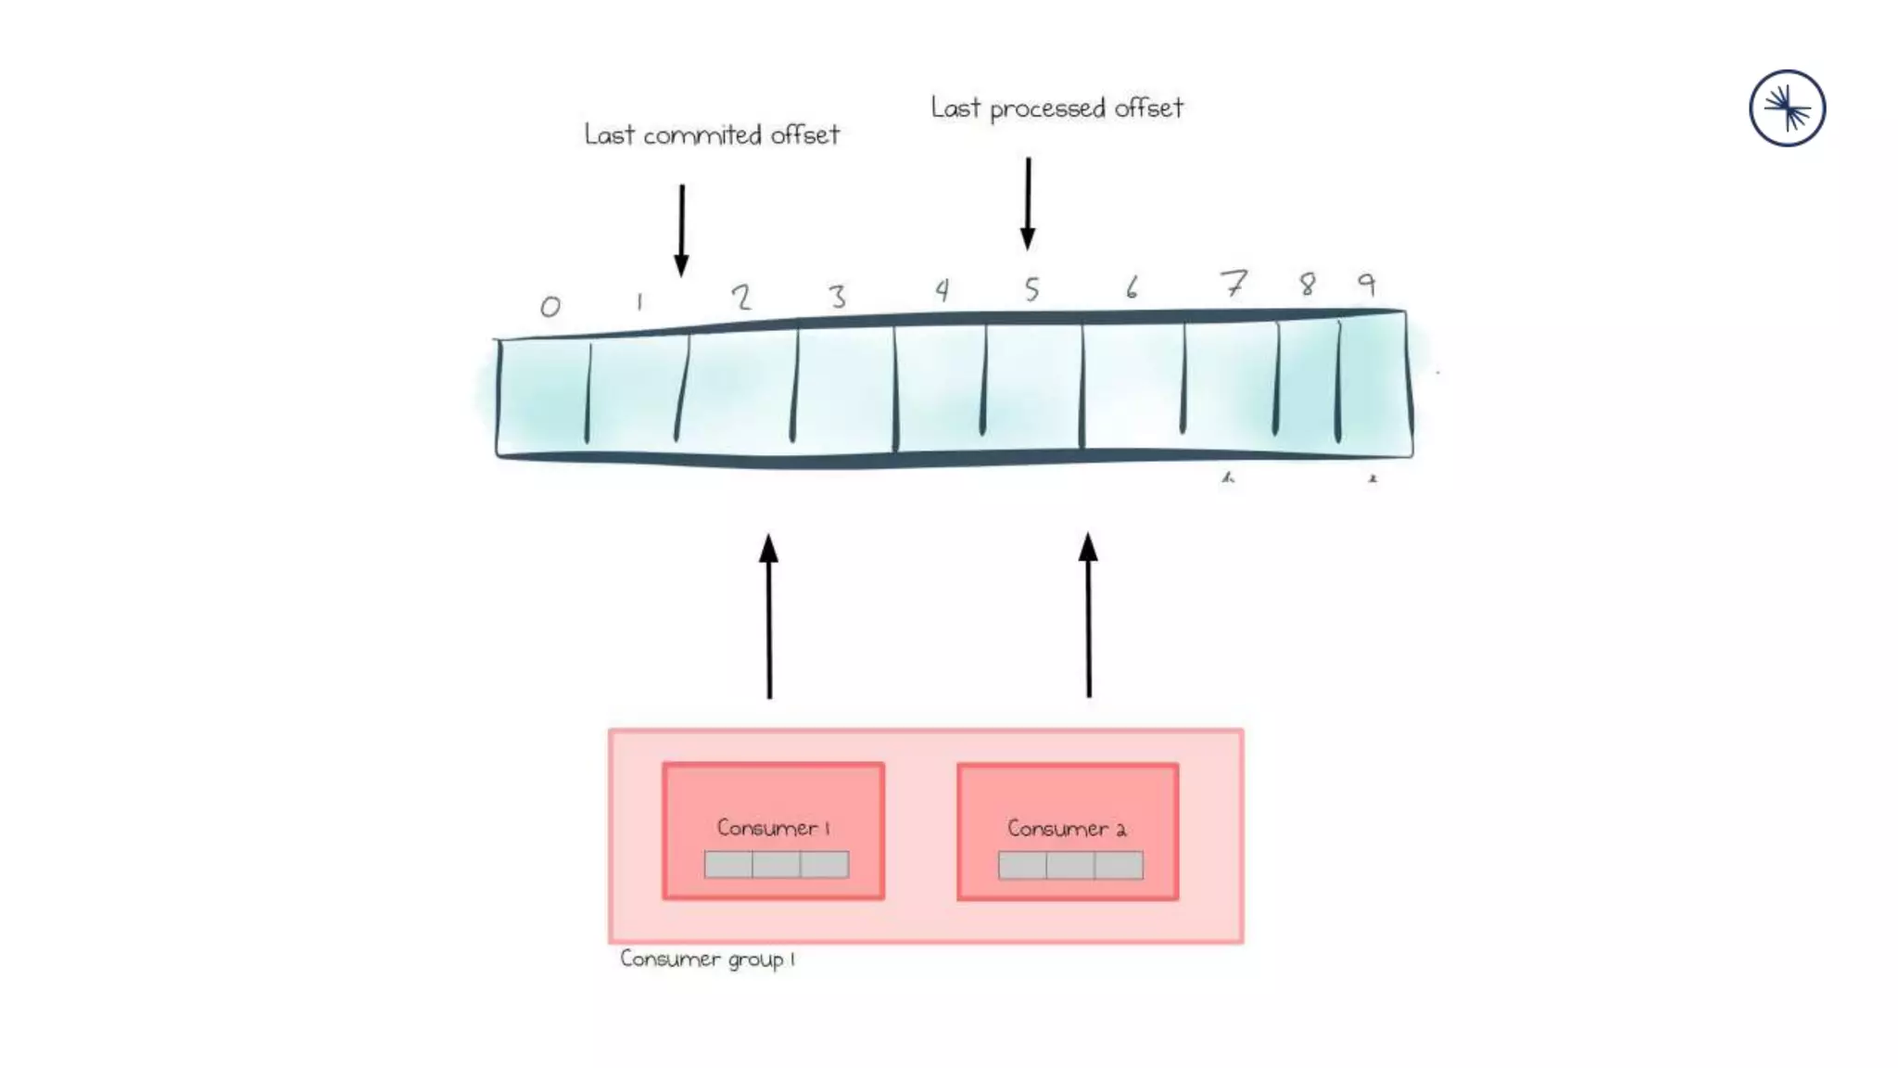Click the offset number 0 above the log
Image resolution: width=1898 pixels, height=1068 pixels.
[x=550, y=306]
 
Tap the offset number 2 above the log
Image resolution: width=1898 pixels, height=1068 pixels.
[x=740, y=297]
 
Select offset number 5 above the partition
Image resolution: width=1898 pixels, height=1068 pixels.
[x=1031, y=289]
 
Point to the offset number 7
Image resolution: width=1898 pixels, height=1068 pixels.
[x=1234, y=283]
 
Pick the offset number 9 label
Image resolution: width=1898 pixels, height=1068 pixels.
[x=1367, y=283]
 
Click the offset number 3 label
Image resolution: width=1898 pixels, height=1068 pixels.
[x=838, y=297]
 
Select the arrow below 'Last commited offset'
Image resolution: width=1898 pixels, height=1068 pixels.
[x=682, y=230]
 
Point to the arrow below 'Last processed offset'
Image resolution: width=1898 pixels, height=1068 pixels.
[x=1028, y=203]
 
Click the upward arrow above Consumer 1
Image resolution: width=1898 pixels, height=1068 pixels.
[x=769, y=616]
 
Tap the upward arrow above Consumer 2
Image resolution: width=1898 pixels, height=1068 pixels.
[x=1089, y=616]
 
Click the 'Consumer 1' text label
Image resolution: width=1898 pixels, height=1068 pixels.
[x=773, y=827]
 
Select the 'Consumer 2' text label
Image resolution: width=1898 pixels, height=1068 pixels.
[x=1067, y=828]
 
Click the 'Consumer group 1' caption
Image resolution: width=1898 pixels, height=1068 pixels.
[x=707, y=959]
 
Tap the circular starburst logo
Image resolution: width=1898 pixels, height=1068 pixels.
[x=1787, y=108]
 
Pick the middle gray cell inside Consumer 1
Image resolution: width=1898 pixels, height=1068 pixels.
[x=777, y=865]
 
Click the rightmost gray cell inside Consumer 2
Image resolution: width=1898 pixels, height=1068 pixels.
[x=1119, y=866]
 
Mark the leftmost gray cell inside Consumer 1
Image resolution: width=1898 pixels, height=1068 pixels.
[x=728, y=865]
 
